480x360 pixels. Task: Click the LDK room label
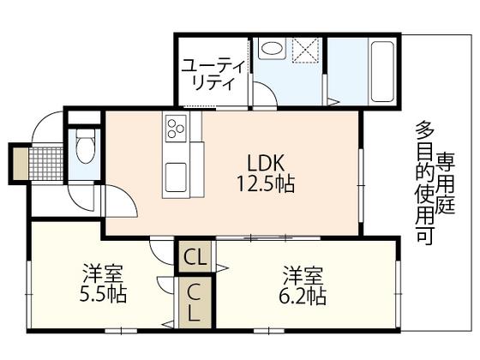266,163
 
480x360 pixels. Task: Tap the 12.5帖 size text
266,183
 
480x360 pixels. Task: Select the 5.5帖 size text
103,294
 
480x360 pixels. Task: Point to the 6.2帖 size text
303,296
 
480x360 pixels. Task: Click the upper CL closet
195,256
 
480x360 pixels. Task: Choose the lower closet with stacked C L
195,303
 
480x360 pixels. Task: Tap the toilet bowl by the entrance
85,147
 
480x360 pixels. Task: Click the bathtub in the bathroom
382,72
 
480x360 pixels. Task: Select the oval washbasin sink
272,48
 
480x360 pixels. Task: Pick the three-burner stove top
176,129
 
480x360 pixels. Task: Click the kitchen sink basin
176,177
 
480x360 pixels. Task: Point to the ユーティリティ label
213,75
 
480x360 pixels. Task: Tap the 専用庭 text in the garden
446,183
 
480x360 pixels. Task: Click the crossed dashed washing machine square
307,50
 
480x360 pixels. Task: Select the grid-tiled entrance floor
46,164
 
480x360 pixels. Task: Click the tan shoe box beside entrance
21,164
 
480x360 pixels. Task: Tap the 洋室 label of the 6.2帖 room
303,276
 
